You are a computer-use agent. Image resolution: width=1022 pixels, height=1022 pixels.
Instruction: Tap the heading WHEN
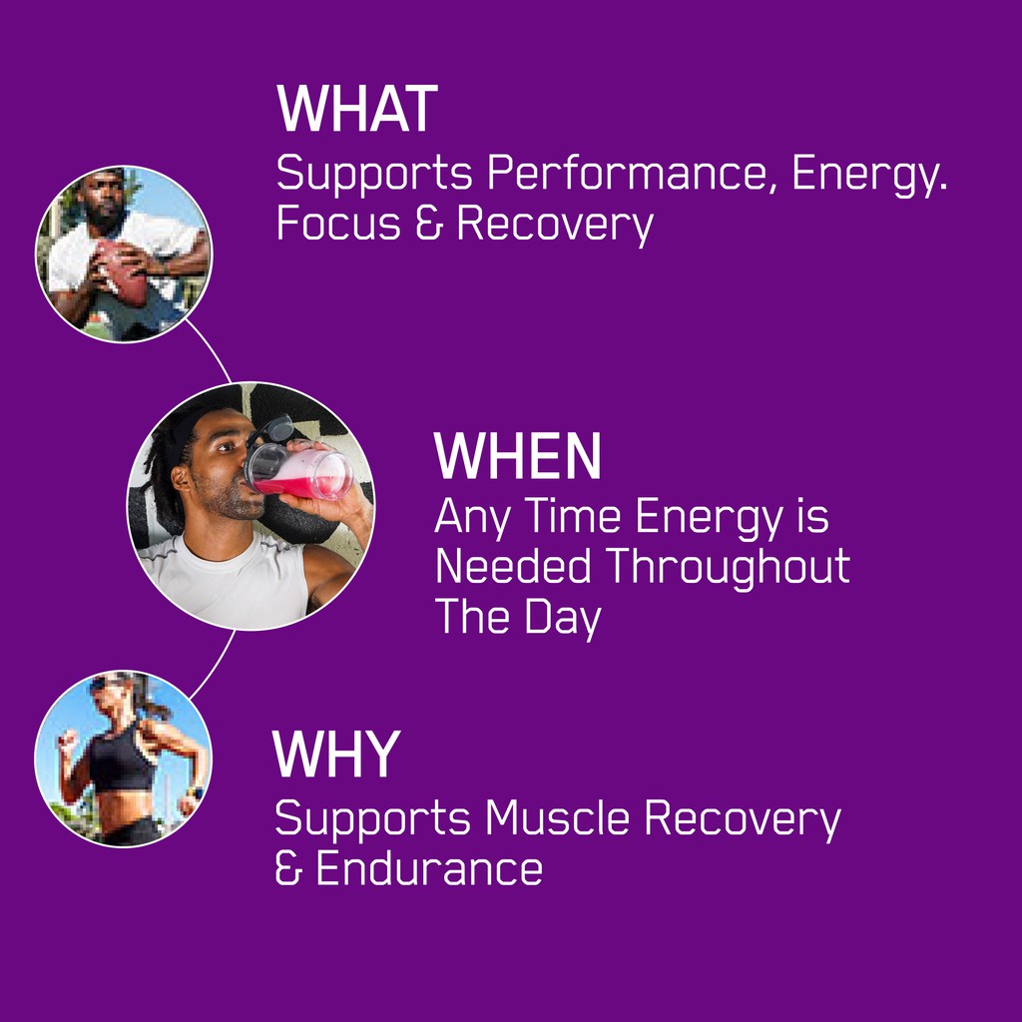(517, 455)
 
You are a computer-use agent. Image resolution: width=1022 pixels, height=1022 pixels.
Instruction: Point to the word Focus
(338, 224)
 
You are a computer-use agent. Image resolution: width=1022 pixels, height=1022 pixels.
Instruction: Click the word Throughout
(728, 567)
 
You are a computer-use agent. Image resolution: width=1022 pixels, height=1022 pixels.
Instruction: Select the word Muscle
(557, 817)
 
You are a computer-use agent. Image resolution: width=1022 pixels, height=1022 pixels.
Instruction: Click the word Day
(563, 618)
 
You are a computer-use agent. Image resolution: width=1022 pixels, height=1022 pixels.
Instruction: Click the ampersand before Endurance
(288, 868)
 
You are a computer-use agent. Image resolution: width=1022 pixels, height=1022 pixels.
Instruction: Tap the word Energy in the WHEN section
(709, 518)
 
